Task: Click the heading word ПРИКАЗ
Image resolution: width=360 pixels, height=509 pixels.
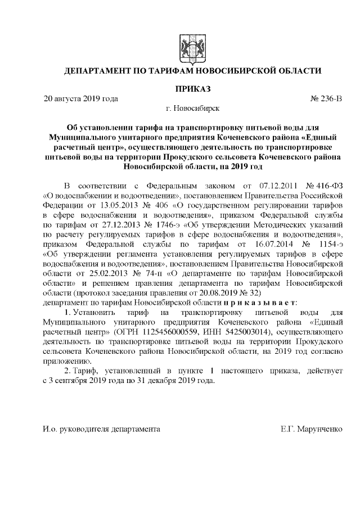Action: pos(193,89)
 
